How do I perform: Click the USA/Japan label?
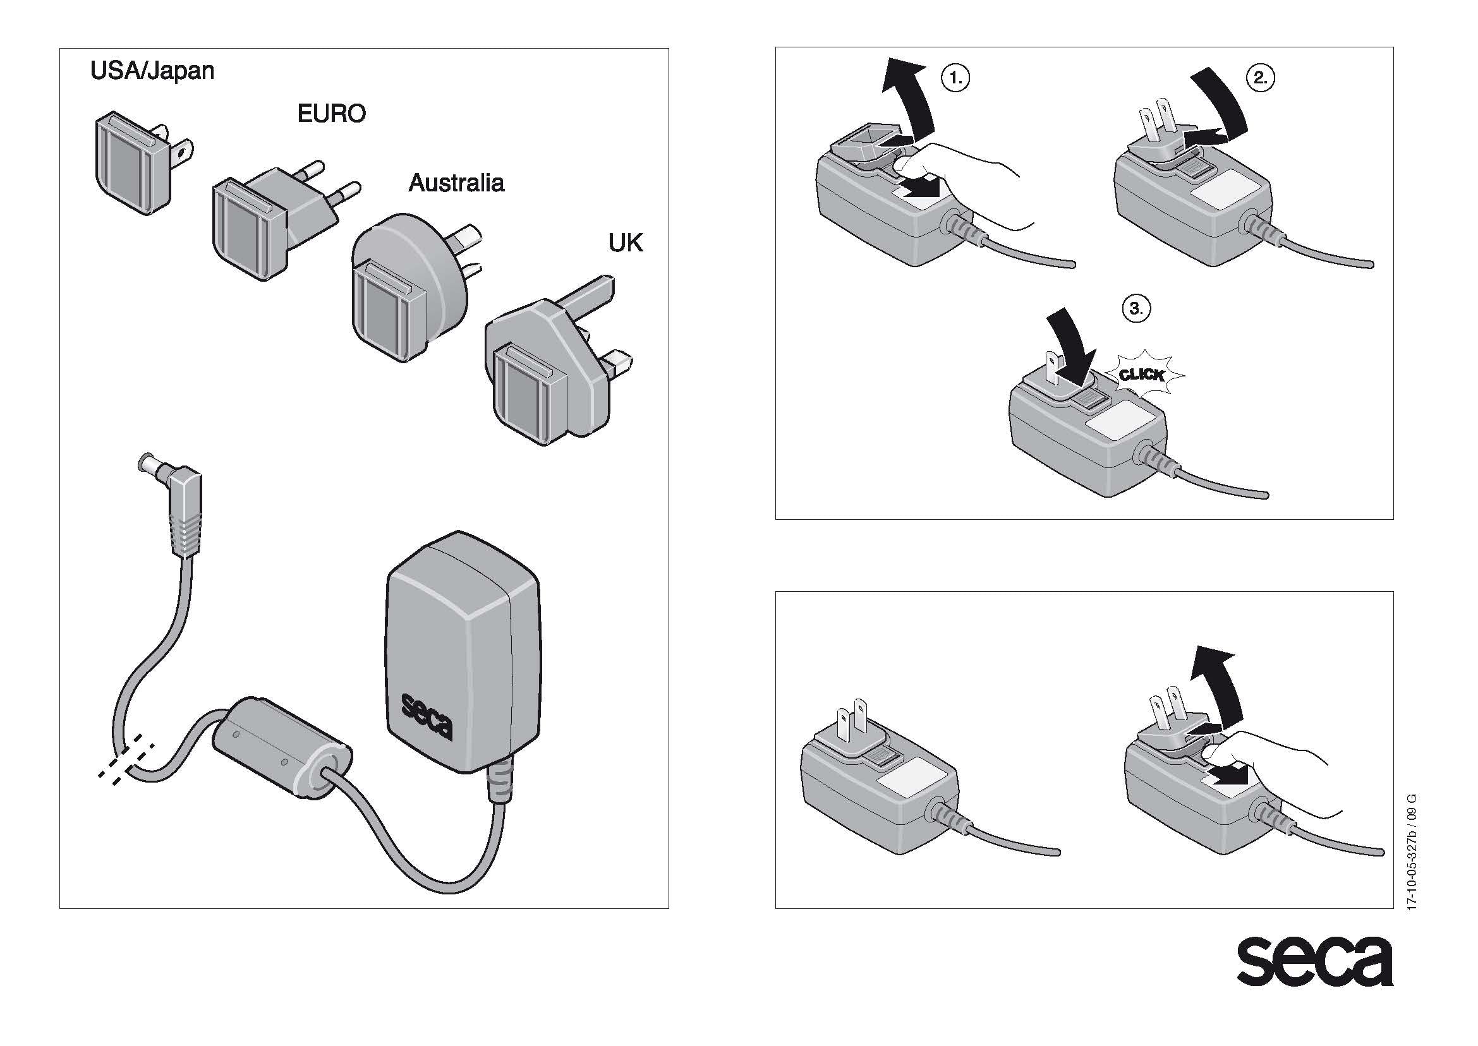(x=152, y=71)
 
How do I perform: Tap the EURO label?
(x=331, y=114)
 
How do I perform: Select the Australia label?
(x=456, y=184)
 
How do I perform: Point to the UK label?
(x=625, y=243)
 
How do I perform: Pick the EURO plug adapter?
(x=270, y=219)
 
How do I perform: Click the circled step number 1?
(x=955, y=78)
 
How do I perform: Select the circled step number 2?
(x=1261, y=78)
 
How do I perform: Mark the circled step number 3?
(x=1136, y=308)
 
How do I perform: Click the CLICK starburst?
(x=1142, y=374)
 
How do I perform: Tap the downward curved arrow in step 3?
(x=1070, y=341)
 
